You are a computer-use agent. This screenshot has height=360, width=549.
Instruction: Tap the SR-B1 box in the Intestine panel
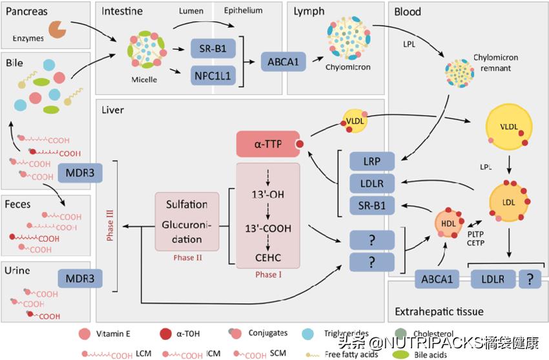pyautogui.click(x=213, y=49)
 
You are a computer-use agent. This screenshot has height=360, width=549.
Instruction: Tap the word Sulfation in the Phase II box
pyautogui.click(x=187, y=204)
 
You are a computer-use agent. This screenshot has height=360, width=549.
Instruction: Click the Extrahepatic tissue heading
pyautogui.click(x=439, y=312)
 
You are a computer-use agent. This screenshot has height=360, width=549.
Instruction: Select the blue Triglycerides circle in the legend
pyautogui.click(x=310, y=334)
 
